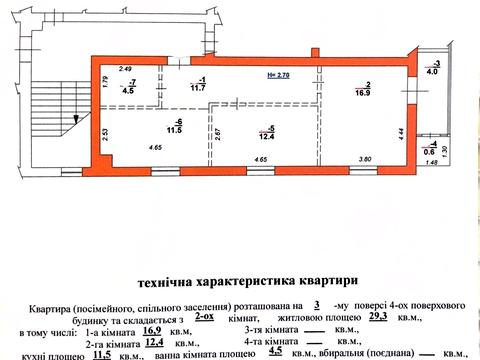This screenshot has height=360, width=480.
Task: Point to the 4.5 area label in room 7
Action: point(127,91)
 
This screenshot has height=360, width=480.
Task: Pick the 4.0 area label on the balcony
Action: point(432,72)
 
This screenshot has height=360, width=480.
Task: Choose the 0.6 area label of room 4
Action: point(428,151)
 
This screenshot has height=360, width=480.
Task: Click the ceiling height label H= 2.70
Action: point(279,74)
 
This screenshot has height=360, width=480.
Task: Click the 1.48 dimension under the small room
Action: point(432,163)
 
